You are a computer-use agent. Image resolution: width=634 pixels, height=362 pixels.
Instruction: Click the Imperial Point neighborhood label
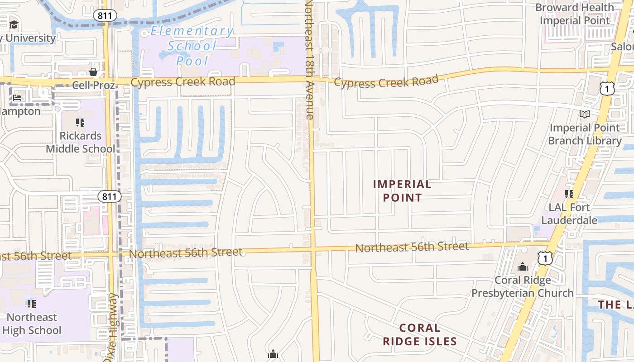click(402, 191)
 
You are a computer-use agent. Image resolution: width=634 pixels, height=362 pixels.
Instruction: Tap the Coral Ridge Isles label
click(420, 334)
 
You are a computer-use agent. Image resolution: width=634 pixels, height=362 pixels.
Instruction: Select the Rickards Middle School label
click(81, 142)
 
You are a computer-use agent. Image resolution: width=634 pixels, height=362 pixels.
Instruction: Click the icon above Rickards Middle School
click(80, 122)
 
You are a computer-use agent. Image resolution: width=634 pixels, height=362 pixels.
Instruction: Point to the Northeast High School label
click(32, 324)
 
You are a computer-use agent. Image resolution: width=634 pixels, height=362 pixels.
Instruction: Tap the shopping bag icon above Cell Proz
click(93, 72)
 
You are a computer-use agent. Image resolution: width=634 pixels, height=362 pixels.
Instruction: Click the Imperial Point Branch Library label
click(585, 134)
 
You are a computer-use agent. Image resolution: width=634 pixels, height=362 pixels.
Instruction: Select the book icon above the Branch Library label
click(585, 114)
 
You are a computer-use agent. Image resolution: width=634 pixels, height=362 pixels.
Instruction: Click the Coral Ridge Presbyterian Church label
click(523, 286)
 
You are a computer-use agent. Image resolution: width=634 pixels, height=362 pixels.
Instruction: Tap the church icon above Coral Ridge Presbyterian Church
click(523, 267)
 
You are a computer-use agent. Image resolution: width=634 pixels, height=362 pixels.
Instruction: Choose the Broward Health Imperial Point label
click(575, 14)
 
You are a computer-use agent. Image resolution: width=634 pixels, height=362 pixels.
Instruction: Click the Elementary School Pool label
click(192, 46)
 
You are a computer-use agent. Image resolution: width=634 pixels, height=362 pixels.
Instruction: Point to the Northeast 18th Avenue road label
click(309, 59)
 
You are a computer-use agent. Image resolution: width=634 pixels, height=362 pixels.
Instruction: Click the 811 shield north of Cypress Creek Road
click(105, 15)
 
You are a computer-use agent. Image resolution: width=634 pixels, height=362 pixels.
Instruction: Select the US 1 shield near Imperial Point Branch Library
click(607, 88)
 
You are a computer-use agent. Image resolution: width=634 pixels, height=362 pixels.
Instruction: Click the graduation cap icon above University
click(14, 24)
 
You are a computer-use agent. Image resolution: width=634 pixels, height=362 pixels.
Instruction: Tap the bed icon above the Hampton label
click(18, 97)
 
